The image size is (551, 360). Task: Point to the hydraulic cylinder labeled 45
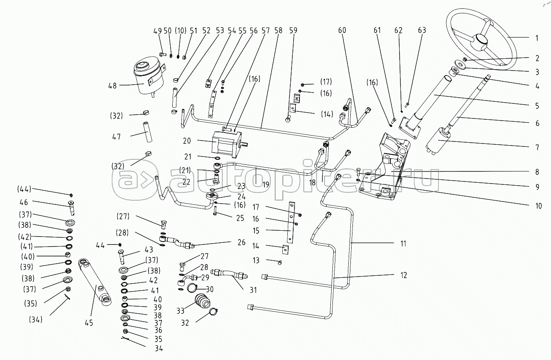(x=97, y=282)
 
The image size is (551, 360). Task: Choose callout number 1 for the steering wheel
(x=537, y=38)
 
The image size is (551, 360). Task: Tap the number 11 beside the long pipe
(x=403, y=243)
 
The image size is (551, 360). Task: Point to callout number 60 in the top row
(x=342, y=30)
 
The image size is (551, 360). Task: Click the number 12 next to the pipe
(x=403, y=275)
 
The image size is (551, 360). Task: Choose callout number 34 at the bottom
(x=158, y=348)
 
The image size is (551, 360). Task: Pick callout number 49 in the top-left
(x=157, y=30)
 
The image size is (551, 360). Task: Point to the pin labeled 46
(x=72, y=206)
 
